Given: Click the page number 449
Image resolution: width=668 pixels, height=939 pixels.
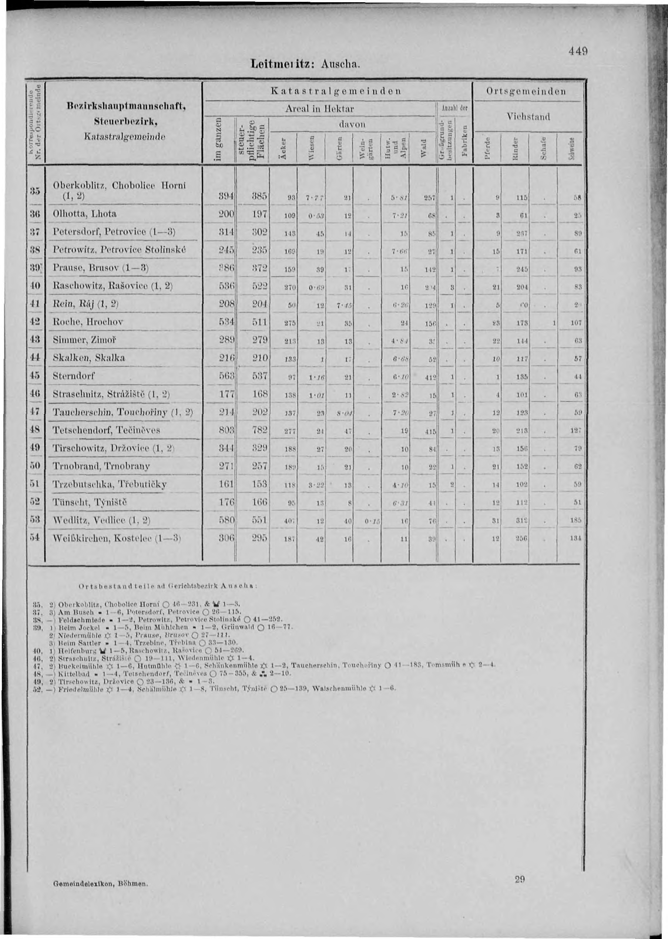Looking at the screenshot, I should click(x=578, y=52).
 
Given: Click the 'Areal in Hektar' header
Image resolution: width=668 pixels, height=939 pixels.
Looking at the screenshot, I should click(x=319, y=109).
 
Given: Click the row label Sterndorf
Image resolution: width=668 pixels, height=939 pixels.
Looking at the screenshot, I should click(x=74, y=376).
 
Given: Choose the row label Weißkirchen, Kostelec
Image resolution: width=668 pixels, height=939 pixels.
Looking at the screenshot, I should click(x=109, y=538).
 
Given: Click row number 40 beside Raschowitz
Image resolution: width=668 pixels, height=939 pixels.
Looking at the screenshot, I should click(x=36, y=286).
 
